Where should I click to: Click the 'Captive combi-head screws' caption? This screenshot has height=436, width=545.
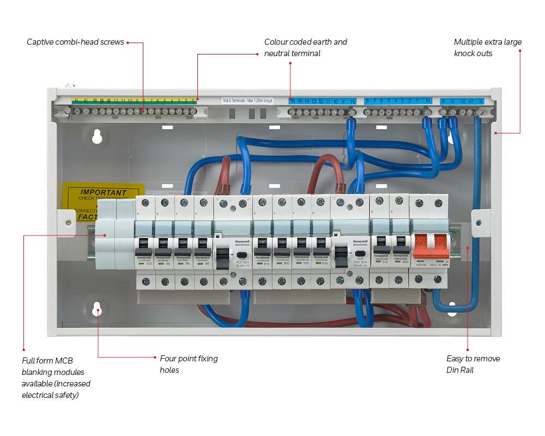click(x=75, y=42)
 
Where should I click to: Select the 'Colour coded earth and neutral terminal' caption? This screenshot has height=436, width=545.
click(x=305, y=47)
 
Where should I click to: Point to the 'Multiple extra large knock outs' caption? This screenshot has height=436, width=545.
click(x=487, y=47)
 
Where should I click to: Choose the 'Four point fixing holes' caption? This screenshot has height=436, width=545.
click(x=188, y=364)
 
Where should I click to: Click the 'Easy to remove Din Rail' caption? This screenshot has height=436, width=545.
click(x=473, y=364)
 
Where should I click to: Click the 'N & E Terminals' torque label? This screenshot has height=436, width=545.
click(x=248, y=101)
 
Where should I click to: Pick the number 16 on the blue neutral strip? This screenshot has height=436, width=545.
click(x=293, y=101)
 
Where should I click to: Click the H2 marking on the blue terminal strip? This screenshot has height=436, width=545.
click(x=463, y=101)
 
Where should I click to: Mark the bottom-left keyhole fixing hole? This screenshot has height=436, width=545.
click(x=97, y=310)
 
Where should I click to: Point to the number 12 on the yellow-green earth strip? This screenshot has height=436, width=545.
click(x=116, y=101)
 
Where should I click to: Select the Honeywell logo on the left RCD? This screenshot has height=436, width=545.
click(x=241, y=240)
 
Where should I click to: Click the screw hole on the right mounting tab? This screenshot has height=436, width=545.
click(x=478, y=223)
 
